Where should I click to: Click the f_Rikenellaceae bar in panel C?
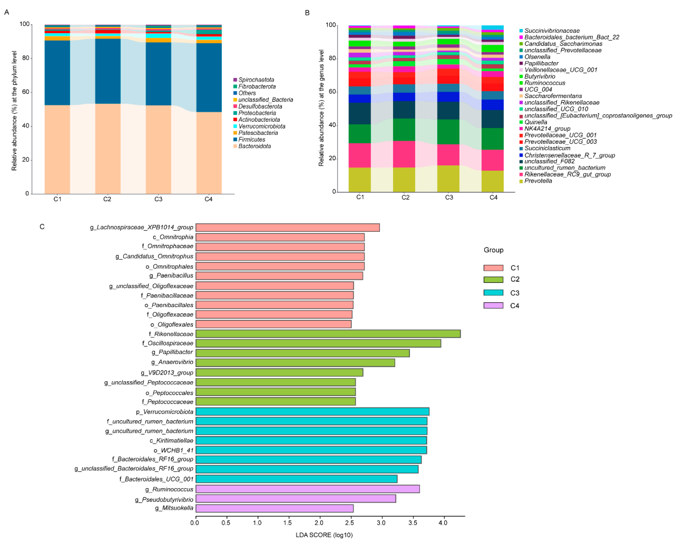(x=327, y=334)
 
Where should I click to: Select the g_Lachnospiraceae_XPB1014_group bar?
(x=287, y=227)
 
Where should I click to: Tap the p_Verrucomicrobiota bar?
(x=312, y=412)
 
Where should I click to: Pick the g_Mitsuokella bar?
(x=274, y=508)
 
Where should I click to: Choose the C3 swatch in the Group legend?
(x=493, y=293)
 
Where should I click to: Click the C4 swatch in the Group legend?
(x=493, y=305)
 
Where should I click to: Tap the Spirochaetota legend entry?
(x=256, y=80)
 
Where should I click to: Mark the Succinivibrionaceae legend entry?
(x=552, y=31)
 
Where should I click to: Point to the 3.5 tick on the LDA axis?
(x=412, y=523)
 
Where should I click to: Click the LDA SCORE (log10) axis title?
(x=324, y=535)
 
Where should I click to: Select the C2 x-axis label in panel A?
(x=107, y=199)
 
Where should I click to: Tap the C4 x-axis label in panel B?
(x=493, y=197)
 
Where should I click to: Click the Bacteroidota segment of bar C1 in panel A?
(x=57, y=150)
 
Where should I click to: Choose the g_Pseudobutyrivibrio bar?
(x=295, y=499)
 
